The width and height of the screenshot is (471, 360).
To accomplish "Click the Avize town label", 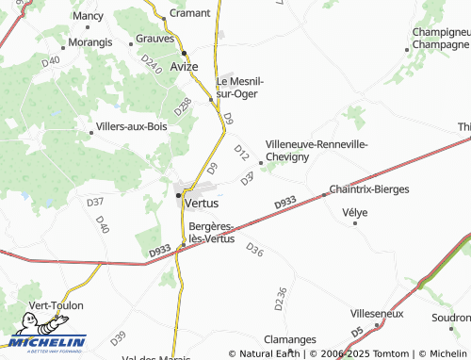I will tap(186, 67).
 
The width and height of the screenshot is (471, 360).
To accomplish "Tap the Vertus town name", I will tap(203, 203).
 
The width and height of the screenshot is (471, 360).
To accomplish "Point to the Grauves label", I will tap(154, 39).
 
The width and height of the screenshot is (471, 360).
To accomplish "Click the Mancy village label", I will tap(89, 17).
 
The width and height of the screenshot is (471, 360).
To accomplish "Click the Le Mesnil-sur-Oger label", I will tap(240, 88).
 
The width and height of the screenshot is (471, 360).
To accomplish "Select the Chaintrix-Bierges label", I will tap(369, 189).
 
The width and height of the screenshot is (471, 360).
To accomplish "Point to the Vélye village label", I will tap(355, 212).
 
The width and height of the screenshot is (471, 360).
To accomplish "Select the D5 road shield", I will tap(357, 333).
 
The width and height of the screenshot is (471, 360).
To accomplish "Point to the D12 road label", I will tap(240, 152).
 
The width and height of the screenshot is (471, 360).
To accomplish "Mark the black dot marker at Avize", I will tap(186, 52).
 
